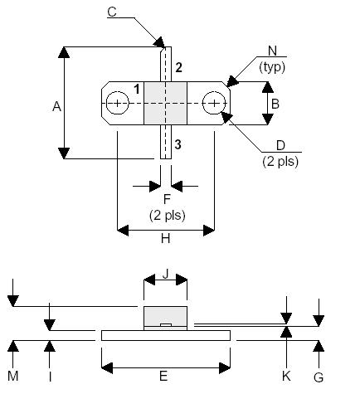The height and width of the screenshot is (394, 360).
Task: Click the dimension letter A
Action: pos(56,105)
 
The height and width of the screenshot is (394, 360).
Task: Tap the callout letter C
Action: pos(112,11)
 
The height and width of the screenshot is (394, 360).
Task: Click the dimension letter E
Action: pos(163,376)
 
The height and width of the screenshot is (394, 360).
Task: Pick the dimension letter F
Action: pos(166,200)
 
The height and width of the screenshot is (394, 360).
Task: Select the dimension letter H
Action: pos(165,238)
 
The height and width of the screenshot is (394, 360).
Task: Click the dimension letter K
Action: pos(286,375)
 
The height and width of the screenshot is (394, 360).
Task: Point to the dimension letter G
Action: pos(319,375)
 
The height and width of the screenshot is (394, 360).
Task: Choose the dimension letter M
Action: pos(13,376)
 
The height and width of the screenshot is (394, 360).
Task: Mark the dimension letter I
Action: pos(50,376)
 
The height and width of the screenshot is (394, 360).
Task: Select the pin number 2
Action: pos(178,66)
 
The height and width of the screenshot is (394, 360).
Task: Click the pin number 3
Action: pos(178,144)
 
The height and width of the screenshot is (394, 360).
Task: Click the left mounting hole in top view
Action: pos(118,104)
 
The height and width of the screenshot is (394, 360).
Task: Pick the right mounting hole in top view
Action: pos(215,104)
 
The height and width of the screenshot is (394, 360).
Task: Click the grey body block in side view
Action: pos(165,317)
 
